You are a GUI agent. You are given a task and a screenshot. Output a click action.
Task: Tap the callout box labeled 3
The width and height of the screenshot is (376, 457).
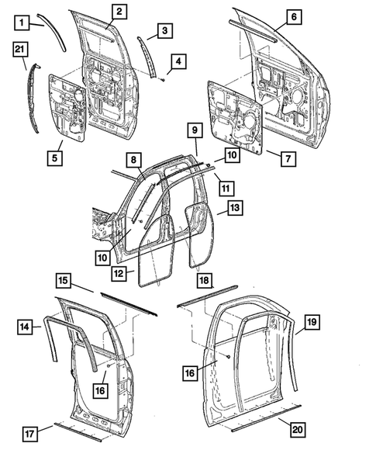point(164,30)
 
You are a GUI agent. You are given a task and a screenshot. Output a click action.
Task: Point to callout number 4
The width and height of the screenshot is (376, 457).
point(179,61)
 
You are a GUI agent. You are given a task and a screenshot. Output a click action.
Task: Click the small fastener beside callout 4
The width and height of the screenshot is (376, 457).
point(165,79)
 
